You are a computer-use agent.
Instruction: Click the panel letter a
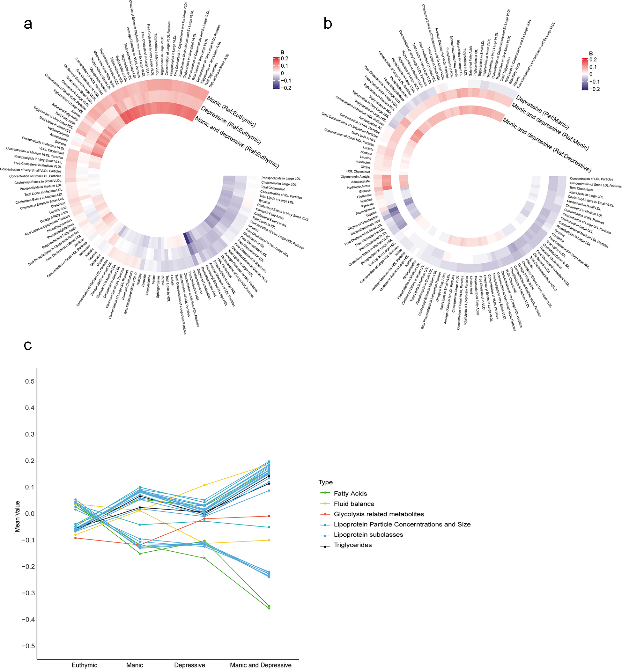point(28,24)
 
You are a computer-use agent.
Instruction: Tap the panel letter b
point(328,24)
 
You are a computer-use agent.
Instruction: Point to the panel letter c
point(28,345)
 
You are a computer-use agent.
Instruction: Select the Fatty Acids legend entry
point(350,493)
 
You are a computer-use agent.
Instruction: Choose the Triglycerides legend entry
point(352,545)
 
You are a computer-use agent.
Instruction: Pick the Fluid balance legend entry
point(354,504)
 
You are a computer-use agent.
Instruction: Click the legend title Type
point(325,482)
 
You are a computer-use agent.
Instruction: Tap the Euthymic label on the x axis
point(84,665)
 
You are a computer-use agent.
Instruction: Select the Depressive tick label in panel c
point(189,665)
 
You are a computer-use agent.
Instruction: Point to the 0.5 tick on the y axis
point(30,381)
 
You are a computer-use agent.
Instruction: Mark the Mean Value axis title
point(18,517)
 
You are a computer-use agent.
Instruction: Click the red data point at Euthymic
point(75,538)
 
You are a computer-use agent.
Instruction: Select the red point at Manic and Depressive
point(269,516)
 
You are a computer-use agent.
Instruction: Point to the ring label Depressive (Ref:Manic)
point(542,112)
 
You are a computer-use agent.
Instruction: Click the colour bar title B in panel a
point(282,53)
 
